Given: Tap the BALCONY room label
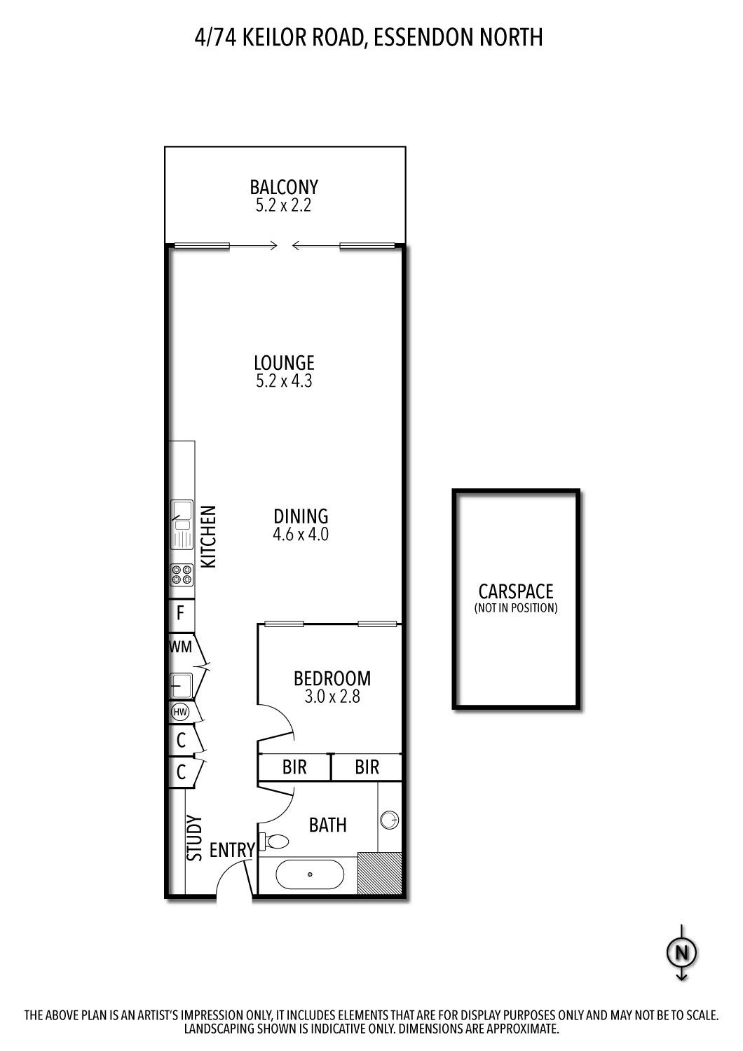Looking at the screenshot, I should (x=284, y=187).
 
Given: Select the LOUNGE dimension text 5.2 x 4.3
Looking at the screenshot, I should (x=284, y=382).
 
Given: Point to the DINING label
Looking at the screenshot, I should (x=301, y=516).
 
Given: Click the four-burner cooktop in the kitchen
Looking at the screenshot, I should (x=181, y=575).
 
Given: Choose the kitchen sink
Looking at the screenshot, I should (x=182, y=524).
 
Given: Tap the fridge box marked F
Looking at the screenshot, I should (x=180, y=614).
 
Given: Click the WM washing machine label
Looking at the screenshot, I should (x=180, y=647).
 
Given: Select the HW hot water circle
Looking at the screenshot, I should (x=180, y=713).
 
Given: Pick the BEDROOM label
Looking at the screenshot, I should (x=332, y=678).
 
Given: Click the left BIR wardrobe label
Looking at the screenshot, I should (x=294, y=767).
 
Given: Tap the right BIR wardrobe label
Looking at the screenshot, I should (x=367, y=767).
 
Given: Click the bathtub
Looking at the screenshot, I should (x=309, y=874).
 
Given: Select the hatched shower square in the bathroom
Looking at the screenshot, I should (x=379, y=873).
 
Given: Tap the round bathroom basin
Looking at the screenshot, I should (x=390, y=819).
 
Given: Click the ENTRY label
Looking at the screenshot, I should (x=232, y=850).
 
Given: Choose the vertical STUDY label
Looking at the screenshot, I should (x=194, y=838).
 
